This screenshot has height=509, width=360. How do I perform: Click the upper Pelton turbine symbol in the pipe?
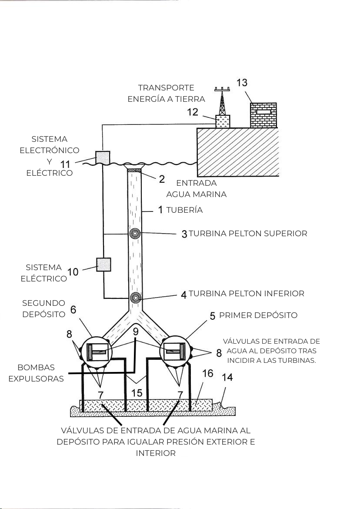(x=135, y=233)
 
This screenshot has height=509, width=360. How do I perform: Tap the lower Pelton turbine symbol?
(x=135, y=297)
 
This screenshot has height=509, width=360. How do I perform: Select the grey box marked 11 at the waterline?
(x=103, y=157)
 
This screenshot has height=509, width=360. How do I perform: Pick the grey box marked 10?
(x=104, y=265)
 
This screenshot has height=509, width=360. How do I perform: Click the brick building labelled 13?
(x=263, y=115)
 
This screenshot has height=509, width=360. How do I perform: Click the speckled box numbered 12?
(x=223, y=122)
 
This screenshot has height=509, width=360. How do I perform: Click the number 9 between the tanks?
(x=136, y=332)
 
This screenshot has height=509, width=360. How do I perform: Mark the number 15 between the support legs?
(x=137, y=393)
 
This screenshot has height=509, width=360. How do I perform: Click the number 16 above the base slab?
(x=208, y=373)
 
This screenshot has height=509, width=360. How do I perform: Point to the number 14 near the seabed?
(x=227, y=377)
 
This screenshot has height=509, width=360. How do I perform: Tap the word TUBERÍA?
(x=184, y=210)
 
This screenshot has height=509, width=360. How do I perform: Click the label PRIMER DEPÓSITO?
(x=258, y=315)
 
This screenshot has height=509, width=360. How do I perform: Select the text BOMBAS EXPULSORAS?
(x=36, y=373)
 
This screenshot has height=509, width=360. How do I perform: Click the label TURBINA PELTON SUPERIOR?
(x=248, y=233)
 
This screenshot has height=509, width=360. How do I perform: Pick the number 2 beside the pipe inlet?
(x=162, y=179)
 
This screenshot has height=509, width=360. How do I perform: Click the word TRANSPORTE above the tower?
(x=166, y=87)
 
